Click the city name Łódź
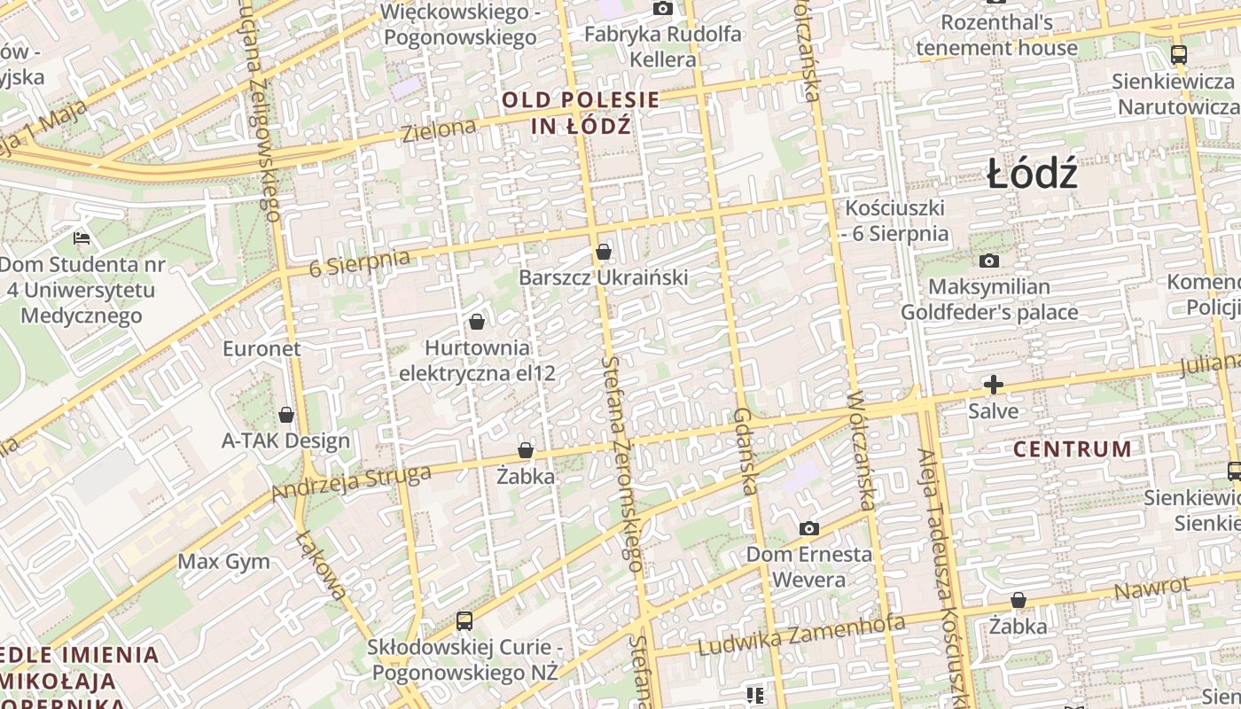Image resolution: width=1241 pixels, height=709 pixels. (x=1032, y=174)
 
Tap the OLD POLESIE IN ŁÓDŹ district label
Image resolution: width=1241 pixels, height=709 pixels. (x=581, y=113)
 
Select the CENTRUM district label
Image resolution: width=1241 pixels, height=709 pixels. (x=1072, y=448)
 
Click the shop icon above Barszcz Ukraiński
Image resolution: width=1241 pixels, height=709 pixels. (x=604, y=253)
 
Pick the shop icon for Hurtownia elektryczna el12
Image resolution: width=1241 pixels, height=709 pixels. (x=477, y=322)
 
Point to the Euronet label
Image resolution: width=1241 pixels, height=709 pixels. (x=261, y=348)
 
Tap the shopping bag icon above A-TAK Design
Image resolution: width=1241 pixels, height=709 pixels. (x=286, y=415)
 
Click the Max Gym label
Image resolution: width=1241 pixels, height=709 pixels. (x=224, y=561)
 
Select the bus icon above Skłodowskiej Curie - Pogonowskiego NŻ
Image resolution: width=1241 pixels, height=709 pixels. (x=464, y=621)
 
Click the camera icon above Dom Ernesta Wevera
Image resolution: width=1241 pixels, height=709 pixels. (x=808, y=529)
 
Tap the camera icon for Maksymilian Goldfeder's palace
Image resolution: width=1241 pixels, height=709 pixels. (x=989, y=261)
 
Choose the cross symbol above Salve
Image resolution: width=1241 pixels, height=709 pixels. (x=994, y=385)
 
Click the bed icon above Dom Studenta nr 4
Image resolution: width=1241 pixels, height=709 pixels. (x=82, y=238)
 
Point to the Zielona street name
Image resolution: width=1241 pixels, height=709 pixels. (x=439, y=130)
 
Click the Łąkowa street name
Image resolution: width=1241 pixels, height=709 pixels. (x=321, y=565)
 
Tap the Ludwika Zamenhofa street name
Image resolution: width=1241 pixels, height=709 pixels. (x=801, y=635)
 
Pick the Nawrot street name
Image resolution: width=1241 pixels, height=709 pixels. (x=1151, y=588)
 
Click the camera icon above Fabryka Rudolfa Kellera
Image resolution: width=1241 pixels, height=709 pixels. (x=662, y=9)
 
